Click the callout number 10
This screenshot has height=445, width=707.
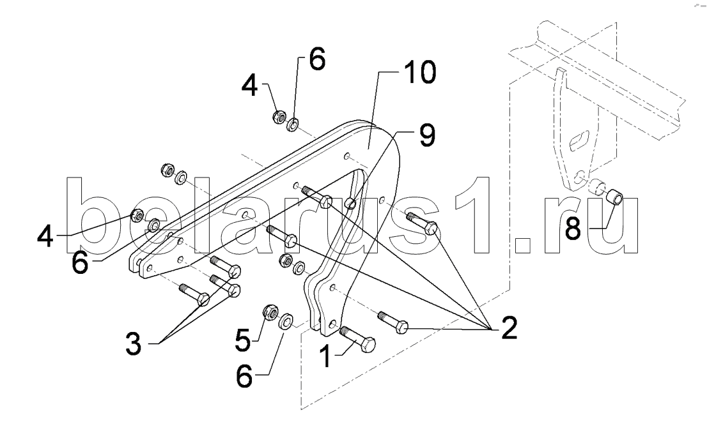click(x=419, y=73)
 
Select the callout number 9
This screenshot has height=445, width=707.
click(x=426, y=136)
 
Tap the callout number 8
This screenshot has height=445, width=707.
click(x=573, y=229)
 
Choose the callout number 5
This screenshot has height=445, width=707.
click(x=242, y=340)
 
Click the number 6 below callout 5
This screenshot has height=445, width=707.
click(x=244, y=376)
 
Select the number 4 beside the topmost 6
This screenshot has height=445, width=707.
click(x=249, y=86)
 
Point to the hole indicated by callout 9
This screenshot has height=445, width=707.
click(x=351, y=204)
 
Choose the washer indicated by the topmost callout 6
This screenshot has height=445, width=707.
click(x=294, y=124)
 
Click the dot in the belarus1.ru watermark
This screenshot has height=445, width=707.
click(x=523, y=245)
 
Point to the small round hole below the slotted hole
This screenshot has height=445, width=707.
click(x=580, y=175)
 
